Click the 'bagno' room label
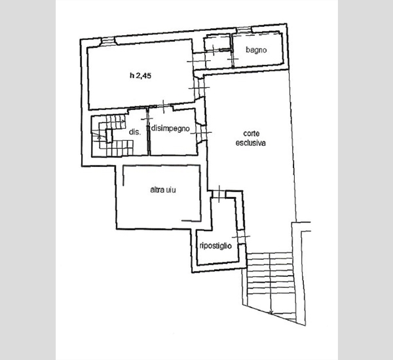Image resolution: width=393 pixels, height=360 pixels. [256, 50]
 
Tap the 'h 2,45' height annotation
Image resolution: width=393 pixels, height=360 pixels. [141, 75]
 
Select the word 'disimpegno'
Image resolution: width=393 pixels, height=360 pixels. [171, 129]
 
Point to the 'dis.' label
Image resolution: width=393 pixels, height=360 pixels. [135, 132]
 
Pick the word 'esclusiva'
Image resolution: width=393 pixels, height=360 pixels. [251, 143]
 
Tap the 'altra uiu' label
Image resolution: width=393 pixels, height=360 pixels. [163, 190]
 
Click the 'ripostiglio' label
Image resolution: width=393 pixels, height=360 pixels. [215, 245]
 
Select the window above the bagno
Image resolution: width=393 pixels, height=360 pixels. [244, 30]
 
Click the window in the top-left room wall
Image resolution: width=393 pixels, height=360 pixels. [108, 41]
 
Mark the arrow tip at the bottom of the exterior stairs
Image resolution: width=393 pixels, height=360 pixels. [271, 312]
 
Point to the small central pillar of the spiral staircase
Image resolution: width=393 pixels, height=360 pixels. [109, 135]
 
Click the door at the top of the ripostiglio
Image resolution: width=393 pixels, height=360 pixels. [219, 194]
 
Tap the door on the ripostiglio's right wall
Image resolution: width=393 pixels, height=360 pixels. [240, 236]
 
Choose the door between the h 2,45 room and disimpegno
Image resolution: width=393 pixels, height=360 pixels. [163, 107]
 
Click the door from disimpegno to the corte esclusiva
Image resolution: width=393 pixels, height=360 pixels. [202, 133]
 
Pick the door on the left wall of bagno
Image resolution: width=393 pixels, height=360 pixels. [233, 59]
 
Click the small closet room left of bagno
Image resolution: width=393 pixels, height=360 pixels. [217, 43]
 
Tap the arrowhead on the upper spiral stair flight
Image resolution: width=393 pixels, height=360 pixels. [123, 121]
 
